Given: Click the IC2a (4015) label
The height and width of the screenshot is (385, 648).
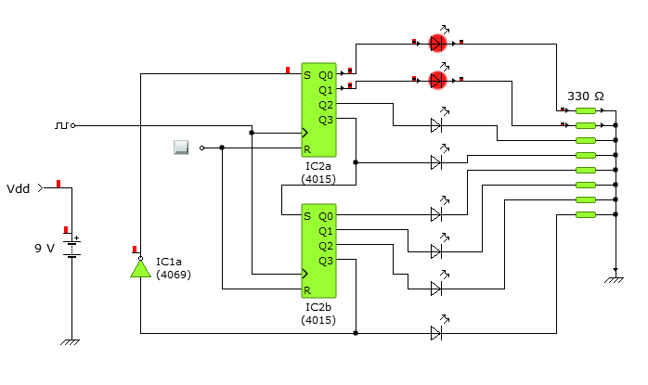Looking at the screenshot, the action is coord(318,173).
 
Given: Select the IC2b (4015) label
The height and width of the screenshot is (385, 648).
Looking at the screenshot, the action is coord(318,314).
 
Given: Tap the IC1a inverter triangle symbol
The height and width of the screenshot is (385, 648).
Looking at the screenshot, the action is coord(140,268).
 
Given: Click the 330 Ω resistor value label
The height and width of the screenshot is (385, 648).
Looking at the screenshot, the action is coord(586,96).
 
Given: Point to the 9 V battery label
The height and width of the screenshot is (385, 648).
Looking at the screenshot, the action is coord(45,249).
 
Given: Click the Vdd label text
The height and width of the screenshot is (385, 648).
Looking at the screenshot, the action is coord(19,188).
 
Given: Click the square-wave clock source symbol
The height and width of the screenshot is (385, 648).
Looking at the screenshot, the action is coord(61,125).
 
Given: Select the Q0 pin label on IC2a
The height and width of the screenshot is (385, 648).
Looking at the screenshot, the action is coord(326,75).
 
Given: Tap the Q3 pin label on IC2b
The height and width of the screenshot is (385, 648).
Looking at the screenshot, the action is coord(326,261).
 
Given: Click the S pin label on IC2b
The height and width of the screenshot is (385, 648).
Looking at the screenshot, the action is coord(307,216).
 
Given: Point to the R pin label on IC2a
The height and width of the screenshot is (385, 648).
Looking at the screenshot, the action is coord(307,149).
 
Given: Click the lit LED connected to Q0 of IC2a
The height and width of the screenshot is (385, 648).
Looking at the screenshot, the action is coord(437,43).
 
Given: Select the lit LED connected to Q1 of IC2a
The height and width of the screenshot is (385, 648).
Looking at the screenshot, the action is coord(437,80).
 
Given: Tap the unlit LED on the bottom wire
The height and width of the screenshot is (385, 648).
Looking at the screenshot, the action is coord(436,333).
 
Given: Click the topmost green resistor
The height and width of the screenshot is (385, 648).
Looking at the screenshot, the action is coord(586,110).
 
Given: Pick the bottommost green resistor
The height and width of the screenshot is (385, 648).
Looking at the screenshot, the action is coord(586,214).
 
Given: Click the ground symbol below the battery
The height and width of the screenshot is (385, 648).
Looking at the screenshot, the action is coord(71,342).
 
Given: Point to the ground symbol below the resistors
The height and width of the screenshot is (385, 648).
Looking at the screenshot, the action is coord(614,280).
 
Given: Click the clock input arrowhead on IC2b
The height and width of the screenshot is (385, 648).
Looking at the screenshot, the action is coord(305,274).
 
